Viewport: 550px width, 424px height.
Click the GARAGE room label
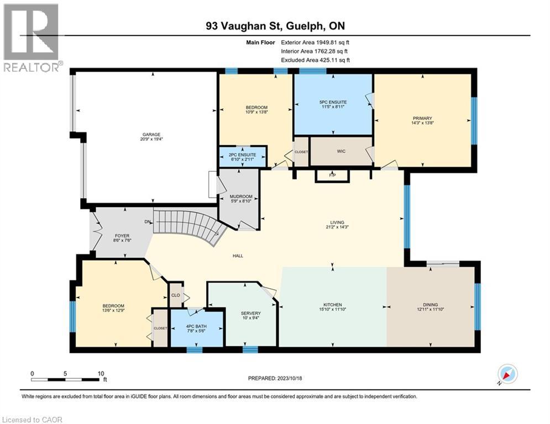pos(150,134)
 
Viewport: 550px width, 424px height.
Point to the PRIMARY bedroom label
pos(422,118)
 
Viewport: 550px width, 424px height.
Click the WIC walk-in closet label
pos(341,151)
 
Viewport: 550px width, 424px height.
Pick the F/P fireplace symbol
pos(332,176)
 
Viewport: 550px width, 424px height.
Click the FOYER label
pos(122,236)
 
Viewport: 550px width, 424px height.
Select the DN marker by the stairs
pos(148,221)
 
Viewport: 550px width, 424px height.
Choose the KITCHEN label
pos(333,305)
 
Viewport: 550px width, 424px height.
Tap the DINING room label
pos(430,305)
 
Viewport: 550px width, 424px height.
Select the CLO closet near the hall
pos(175,295)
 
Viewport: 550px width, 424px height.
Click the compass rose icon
pos(507,374)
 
